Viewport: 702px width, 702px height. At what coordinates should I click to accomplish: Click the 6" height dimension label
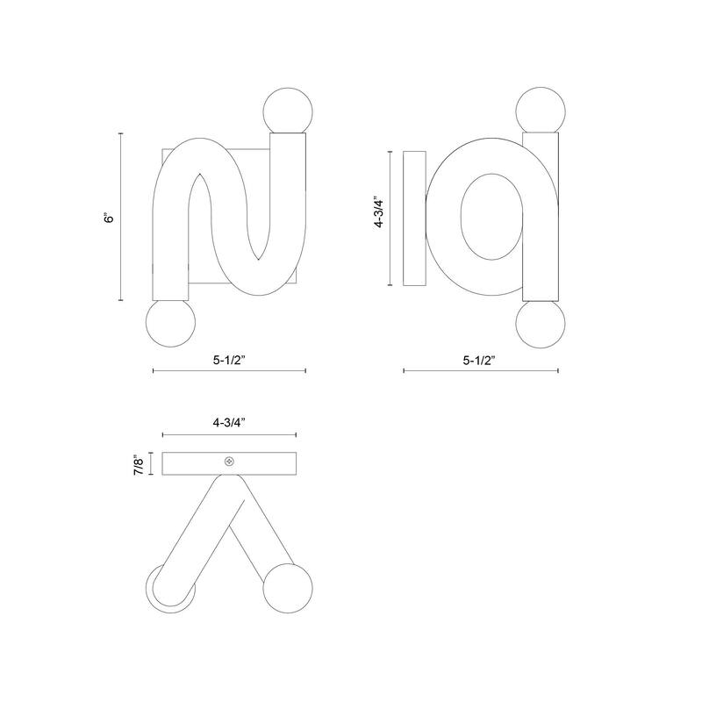[109, 218]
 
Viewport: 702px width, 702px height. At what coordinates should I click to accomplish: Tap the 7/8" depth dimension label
[140, 465]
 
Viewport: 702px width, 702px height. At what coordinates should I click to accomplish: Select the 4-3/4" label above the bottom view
[229, 422]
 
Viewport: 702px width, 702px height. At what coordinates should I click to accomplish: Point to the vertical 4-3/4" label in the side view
[379, 212]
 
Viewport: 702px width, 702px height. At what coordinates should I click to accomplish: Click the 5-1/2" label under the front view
[229, 360]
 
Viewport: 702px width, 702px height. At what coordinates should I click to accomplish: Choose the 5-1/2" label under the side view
[479, 360]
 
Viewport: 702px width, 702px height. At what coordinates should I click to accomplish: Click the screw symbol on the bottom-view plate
[229, 462]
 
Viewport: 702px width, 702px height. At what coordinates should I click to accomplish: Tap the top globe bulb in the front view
[288, 112]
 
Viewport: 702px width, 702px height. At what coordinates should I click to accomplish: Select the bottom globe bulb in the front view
[170, 322]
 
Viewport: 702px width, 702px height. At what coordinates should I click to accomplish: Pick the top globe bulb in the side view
[541, 111]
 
